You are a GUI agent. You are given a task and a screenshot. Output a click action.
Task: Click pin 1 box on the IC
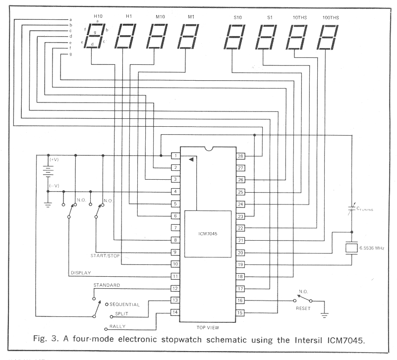click(174, 156)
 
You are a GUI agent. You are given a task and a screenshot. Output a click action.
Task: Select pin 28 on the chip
click(240, 156)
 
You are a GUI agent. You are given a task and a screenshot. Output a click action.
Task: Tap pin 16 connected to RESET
click(240, 301)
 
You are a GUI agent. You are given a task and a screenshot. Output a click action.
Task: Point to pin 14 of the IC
click(174, 312)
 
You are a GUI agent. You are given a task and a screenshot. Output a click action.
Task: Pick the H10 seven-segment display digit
click(94, 36)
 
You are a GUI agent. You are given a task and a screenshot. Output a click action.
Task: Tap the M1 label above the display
click(191, 17)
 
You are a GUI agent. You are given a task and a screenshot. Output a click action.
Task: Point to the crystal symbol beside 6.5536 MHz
click(351, 247)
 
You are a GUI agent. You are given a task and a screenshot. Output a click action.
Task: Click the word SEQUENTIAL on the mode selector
click(125, 304)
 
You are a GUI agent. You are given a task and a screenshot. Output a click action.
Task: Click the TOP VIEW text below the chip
click(208, 327)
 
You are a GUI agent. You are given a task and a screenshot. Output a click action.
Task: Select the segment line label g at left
click(71, 54)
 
